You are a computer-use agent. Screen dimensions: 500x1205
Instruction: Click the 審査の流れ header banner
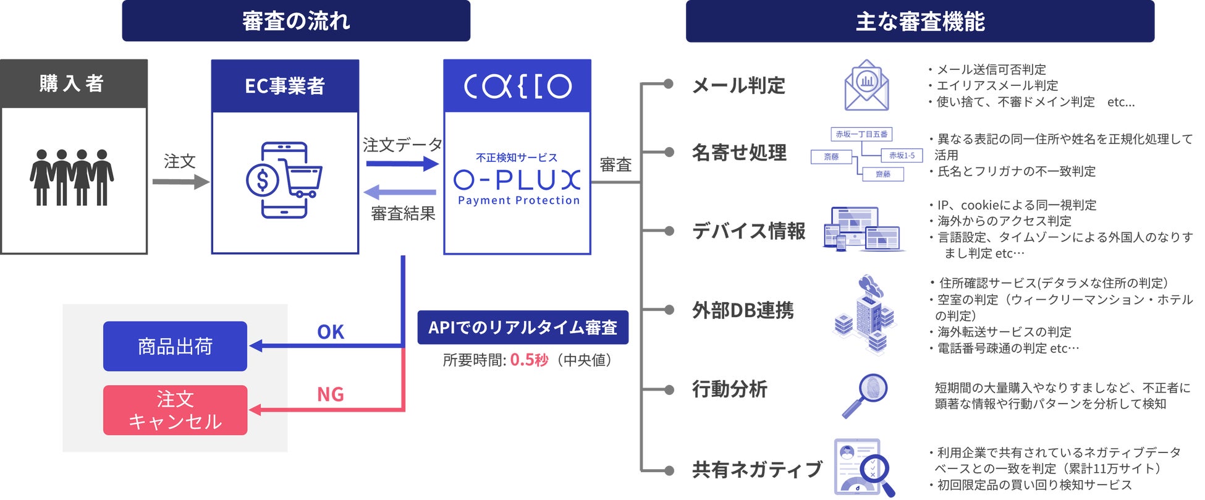click(x=296, y=21)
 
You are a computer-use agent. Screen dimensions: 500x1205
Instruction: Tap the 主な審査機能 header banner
click(x=920, y=22)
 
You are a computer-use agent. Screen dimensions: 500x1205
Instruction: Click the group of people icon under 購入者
click(x=72, y=177)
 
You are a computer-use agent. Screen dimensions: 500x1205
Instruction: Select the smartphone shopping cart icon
click(x=284, y=180)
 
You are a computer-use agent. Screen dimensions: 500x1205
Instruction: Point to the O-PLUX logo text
click(x=517, y=180)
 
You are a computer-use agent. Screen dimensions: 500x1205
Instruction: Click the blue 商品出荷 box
click(x=175, y=346)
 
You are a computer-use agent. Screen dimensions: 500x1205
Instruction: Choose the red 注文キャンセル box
click(x=175, y=410)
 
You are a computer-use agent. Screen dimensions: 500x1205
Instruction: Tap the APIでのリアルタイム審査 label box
click(x=523, y=328)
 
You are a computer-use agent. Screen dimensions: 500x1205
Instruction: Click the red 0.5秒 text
click(x=529, y=360)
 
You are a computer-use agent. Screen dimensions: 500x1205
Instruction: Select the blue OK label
click(x=331, y=333)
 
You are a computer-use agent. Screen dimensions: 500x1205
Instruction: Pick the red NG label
click(x=331, y=394)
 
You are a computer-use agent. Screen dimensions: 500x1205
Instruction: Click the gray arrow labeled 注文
click(x=180, y=182)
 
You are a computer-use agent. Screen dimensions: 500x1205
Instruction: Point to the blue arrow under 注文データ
click(x=402, y=164)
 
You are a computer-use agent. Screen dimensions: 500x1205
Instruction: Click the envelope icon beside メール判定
click(x=866, y=86)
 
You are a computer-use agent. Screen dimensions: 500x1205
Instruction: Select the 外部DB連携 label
click(x=743, y=310)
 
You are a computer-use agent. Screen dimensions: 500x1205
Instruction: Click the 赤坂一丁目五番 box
click(x=861, y=134)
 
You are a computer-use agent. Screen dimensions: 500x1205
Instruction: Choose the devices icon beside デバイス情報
click(x=863, y=229)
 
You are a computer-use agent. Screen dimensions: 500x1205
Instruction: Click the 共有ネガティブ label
click(x=757, y=470)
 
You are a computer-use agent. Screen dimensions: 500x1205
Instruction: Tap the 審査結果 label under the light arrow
click(x=403, y=214)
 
